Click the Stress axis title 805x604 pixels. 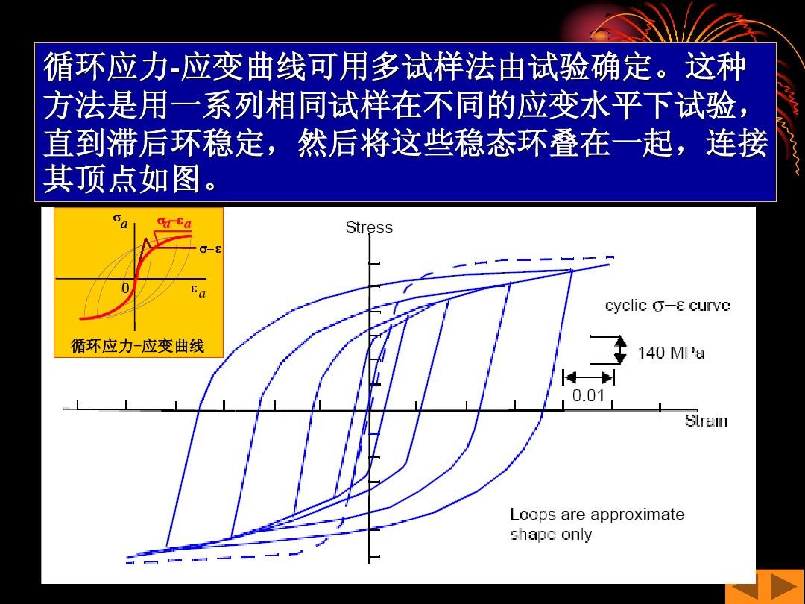(x=369, y=227)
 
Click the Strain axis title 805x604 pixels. (x=706, y=421)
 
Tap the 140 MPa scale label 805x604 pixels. (x=671, y=353)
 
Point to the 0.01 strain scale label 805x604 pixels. (x=588, y=395)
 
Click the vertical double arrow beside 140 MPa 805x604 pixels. (x=621, y=350)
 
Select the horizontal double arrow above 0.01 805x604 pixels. (x=588, y=377)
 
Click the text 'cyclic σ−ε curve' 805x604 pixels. (x=667, y=306)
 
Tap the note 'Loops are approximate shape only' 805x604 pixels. (x=596, y=524)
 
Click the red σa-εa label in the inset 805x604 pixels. (x=174, y=222)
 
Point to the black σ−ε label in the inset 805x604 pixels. (x=210, y=249)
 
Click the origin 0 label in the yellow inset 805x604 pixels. (x=125, y=288)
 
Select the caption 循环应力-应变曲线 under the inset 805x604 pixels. (x=138, y=346)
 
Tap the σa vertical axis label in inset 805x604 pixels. (x=120, y=221)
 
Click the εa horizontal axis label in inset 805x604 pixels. (x=198, y=292)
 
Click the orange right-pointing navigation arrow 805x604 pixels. (x=783, y=587)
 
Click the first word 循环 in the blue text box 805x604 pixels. (x=75, y=67)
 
